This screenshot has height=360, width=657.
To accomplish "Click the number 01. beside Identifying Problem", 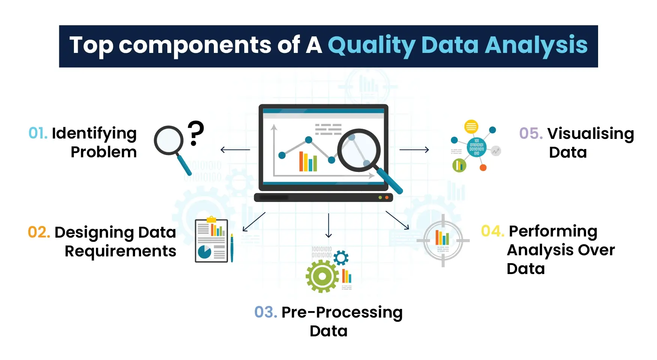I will pyautogui.click(x=38, y=134).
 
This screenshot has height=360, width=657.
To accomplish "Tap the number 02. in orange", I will pyautogui.click(x=39, y=232).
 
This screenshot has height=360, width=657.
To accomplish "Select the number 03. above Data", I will pyautogui.click(x=265, y=312).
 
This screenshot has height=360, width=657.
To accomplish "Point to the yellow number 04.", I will pyautogui.click(x=492, y=231).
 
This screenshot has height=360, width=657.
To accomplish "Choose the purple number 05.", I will pyautogui.click(x=531, y=134).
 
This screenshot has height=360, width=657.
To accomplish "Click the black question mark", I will pyautogui.click(x=195, y=133).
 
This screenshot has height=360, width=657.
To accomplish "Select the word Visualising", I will pyautogui.click(x=591, y=134).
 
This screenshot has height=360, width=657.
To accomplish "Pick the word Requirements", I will pyautogui.click(x=120, y=251).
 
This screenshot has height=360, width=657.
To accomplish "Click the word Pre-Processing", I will pyautogui.click(x=342, y=312).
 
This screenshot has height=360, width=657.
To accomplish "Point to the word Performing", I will pyautogui.click(x=553, y=231).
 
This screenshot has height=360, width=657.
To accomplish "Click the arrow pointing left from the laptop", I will pyautogui.click(x=235, y=150).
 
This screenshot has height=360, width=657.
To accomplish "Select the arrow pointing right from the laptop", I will pyautogui.click(x=414, y=150).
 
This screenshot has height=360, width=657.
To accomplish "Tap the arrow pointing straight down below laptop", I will pyautogui.click(x=329, y=226).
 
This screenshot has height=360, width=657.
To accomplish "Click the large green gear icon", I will pyautogui.click(x=322, y=276).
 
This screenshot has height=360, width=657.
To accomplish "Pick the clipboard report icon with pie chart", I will pyautogui.click(x=212, y=241).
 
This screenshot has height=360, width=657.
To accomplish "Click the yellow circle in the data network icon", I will pyautogui.click(x=471, y=127).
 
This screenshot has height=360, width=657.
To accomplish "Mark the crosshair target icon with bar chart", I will pyautogui.click(x=443, y=241).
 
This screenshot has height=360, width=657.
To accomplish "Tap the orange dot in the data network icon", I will pyautogui.click(x=483, y=168).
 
